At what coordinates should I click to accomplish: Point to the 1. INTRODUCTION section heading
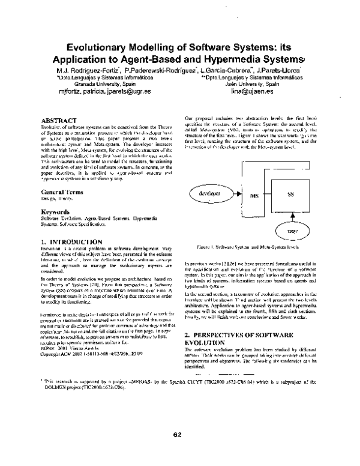pos(69,241)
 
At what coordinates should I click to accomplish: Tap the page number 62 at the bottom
pos(177,435)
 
